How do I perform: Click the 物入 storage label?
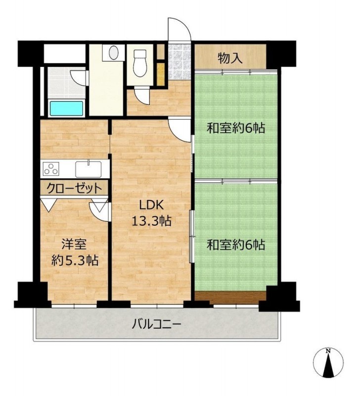tap(230, 58)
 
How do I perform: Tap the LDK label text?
tap(152, 205)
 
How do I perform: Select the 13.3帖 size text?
tap(152, 221)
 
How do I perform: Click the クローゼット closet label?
tap(74, 188)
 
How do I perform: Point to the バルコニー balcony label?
tap(156, 324)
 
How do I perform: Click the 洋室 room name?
tap(75, 244)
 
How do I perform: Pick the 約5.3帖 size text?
tap(75, 260)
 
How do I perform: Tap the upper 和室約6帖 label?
tap(236, 128)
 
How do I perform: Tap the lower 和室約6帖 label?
tap(236, 245)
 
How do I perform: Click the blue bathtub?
tap(67, 108)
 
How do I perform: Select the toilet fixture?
tap(140, 63)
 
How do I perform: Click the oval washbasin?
tap(114, 52)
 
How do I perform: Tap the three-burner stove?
tap(51, 168)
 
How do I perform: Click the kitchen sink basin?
tap(89, 169)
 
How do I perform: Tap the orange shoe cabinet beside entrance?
tap(161, 74)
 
